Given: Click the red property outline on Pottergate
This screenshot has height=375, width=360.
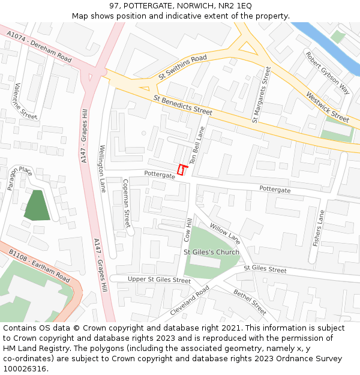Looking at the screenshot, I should tap(181, 170).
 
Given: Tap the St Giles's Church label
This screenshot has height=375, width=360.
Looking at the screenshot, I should tap(211, 252).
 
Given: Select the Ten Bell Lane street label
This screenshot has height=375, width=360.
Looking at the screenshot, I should tap(197, 146).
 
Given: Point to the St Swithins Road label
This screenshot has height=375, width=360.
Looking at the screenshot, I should tap(182, 67).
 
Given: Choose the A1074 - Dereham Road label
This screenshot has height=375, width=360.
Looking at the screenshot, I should tap(40, 47).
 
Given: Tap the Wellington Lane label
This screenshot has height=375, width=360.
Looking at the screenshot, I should tap(103, 168).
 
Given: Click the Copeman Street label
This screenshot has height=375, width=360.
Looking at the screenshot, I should tap(126, 203).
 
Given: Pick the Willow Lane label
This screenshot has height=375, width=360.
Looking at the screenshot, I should tap(225, 233).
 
